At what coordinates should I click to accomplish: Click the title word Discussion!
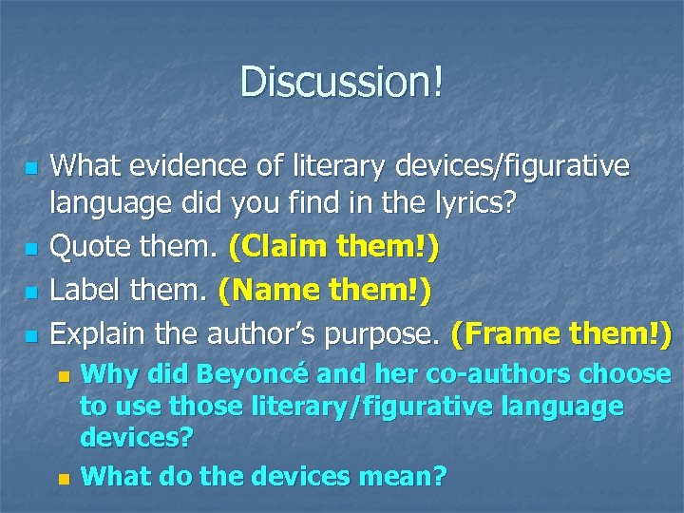pos(341,82)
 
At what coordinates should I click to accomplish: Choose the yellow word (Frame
pos(508,333)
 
